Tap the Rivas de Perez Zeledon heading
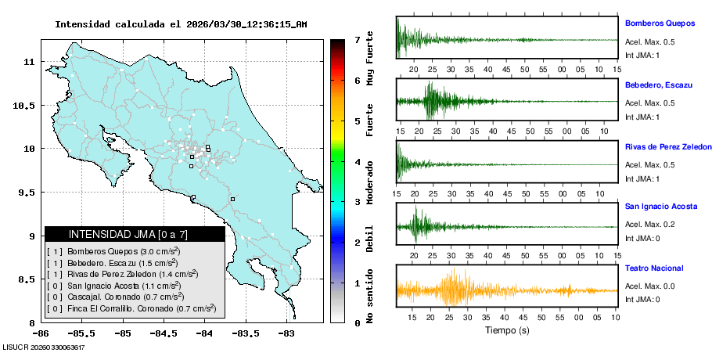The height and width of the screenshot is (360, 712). point(668,146)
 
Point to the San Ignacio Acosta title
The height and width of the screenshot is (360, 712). point(660,207)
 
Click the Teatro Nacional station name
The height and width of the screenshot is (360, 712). point(654,268)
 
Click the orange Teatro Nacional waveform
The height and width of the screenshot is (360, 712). point(454,290)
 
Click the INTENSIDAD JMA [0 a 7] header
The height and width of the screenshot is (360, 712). point(135,234)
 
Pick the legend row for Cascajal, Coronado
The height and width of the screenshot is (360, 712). point(116,297)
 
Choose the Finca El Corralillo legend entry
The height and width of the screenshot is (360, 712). point(131,308)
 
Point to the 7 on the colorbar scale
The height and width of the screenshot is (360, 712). point(357,39)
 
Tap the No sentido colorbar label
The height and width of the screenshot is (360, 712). point(369,300)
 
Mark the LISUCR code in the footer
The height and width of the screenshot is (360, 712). point(44,347)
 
